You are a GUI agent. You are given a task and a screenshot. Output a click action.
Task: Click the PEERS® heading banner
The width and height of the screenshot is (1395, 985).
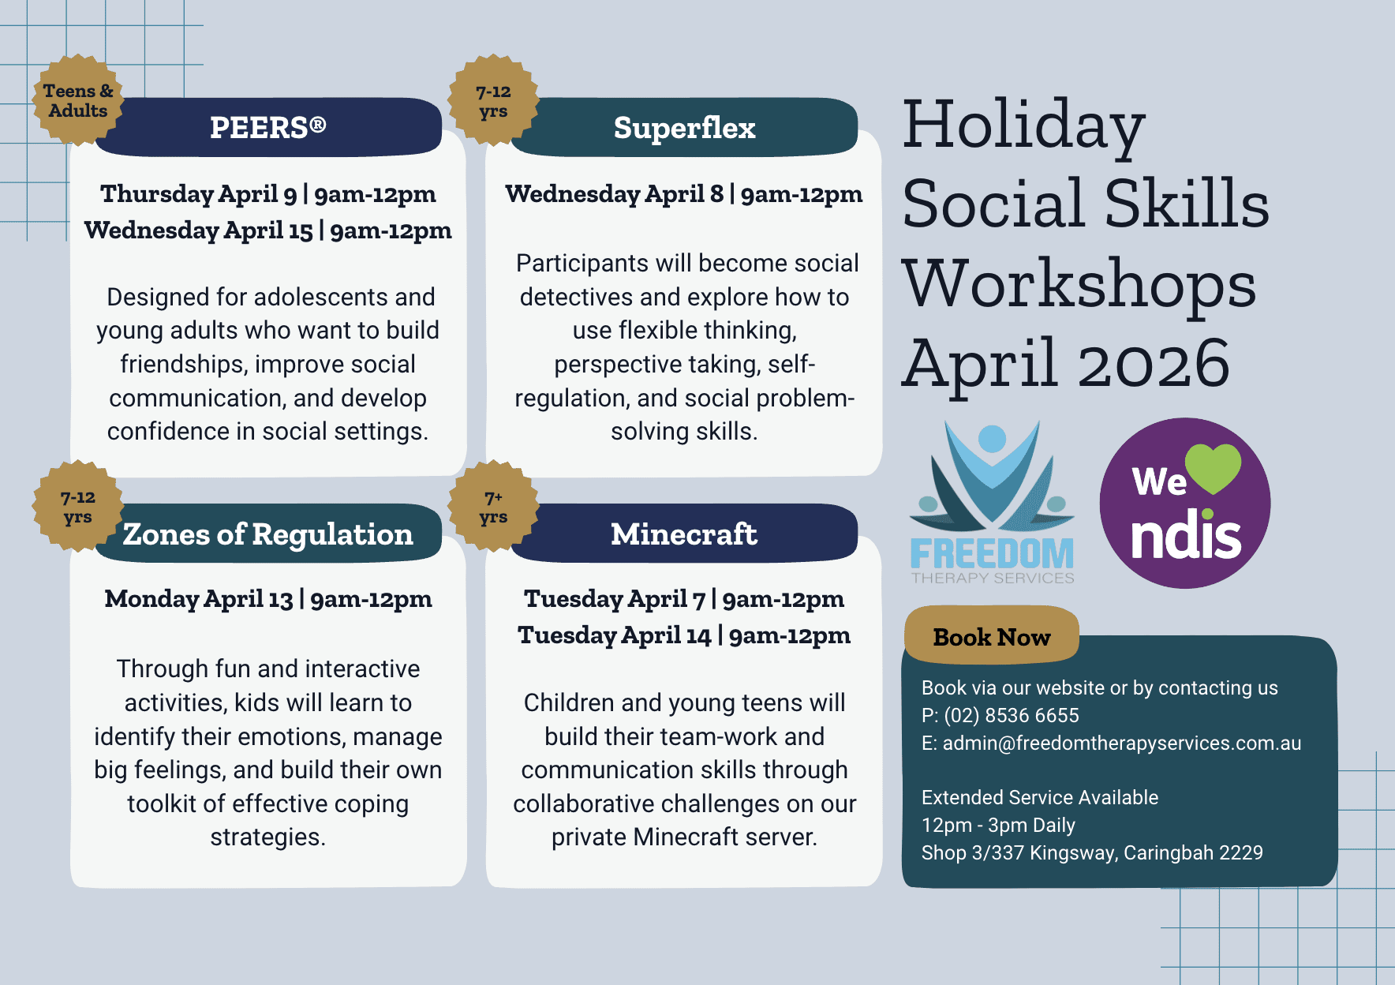(x=268, y=127)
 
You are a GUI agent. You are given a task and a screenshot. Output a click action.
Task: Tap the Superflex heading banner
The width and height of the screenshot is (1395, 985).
(x=684, y=127)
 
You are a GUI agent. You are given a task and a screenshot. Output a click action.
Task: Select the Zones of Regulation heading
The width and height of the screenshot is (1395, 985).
(x=268, y=534)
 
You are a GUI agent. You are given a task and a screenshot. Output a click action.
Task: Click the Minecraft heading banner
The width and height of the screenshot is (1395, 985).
(x=684, y=534)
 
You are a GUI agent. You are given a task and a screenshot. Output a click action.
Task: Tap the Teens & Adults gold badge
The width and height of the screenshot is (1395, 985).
(x=77, y=101)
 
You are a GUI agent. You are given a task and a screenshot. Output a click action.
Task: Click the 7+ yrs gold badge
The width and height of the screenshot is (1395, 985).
(x=493, y=507)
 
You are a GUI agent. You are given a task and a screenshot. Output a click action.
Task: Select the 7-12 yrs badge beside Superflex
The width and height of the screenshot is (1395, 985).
(x=493, y=101)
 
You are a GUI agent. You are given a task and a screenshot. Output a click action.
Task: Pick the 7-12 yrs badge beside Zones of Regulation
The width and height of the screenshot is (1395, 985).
(x=77, y=507)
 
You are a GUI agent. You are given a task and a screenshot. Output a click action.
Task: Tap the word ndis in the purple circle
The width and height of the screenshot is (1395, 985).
(x=1185, y=537)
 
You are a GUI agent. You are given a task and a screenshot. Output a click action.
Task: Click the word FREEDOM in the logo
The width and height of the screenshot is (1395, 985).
(x=992, y=554)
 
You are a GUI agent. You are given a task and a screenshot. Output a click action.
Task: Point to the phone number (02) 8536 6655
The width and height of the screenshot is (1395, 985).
(x=1012, y=715)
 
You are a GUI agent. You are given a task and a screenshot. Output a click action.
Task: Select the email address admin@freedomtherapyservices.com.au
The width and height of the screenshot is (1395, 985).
(x=1121, y=743)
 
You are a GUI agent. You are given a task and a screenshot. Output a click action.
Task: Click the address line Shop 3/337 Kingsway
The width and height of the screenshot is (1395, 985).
(x=1092, y=852)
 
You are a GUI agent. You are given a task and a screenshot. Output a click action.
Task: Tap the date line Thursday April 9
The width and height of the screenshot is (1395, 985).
(x=268, y=194)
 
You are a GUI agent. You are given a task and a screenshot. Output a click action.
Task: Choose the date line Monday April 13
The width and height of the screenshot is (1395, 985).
(x=268, y=599)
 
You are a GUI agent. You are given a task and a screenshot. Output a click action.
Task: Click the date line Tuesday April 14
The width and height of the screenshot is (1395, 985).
(x=684, y=635)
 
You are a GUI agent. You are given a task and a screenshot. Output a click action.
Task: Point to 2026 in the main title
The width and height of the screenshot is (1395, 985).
(x=1154, y=364)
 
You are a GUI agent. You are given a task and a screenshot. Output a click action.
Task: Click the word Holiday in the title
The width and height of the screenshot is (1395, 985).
(x=1023, y=125)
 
